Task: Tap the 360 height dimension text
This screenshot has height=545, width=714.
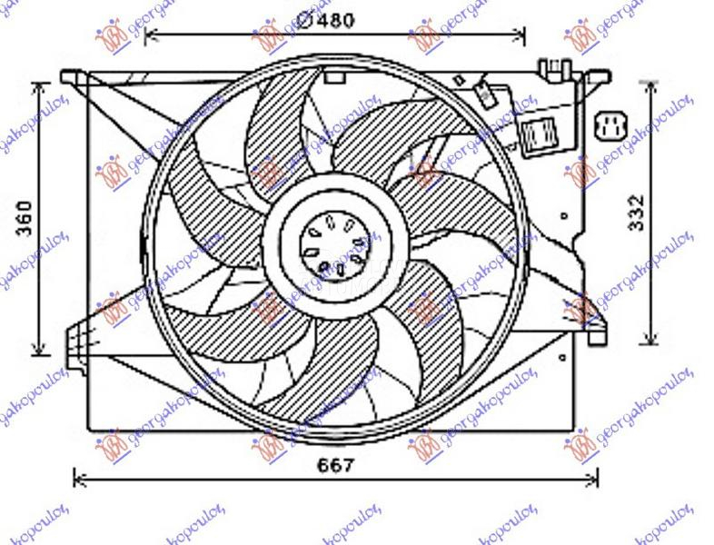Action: coord(25,218)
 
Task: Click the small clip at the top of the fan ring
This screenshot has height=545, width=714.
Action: coord(334,77)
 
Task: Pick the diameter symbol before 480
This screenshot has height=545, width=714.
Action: coord(305,18)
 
